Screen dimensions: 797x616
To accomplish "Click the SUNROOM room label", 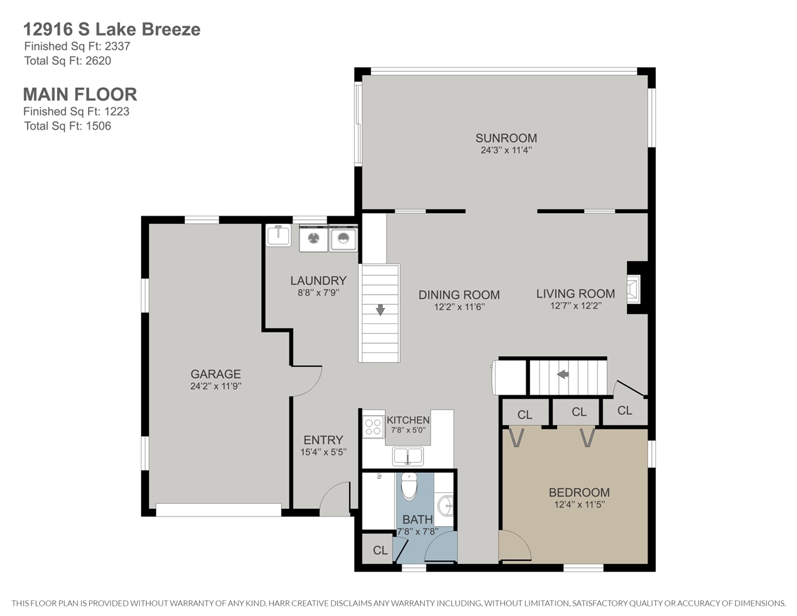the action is (506, 138).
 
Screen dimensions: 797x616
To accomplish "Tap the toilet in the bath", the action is (409, 486).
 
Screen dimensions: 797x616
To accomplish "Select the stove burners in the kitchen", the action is (373, 427).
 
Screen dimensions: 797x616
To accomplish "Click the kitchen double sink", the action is (408, 456).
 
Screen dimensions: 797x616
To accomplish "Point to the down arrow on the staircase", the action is (381, 310).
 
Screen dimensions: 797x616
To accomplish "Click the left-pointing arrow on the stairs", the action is (563, 374).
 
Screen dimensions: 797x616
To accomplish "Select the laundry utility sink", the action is (279, 235).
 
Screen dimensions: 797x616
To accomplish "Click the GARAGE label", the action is (216, 374).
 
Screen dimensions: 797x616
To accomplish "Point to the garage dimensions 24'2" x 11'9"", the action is (216, 386).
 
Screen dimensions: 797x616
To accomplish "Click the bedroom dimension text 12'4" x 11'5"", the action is (579, 504).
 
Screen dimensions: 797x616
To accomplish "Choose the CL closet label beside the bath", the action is (381, 551).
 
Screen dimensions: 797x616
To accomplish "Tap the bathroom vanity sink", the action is (446, 506).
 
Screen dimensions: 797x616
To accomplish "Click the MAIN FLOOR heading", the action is (80, 94).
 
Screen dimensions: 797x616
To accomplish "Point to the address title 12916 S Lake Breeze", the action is (112, 30).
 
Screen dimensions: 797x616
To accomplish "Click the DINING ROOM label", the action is (459, 295).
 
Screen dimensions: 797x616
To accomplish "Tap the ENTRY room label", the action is (323, 440).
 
